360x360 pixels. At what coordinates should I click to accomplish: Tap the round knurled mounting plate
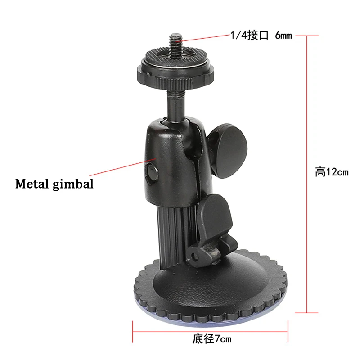[175, 69]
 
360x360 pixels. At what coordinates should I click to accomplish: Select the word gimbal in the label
[73, 184]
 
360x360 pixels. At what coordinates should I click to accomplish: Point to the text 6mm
[283, 36]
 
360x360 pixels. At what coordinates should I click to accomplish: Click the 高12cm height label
[332, 172]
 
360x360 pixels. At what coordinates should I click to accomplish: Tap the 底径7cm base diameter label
[212, 339]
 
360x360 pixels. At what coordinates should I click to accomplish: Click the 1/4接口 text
[250, 36]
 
